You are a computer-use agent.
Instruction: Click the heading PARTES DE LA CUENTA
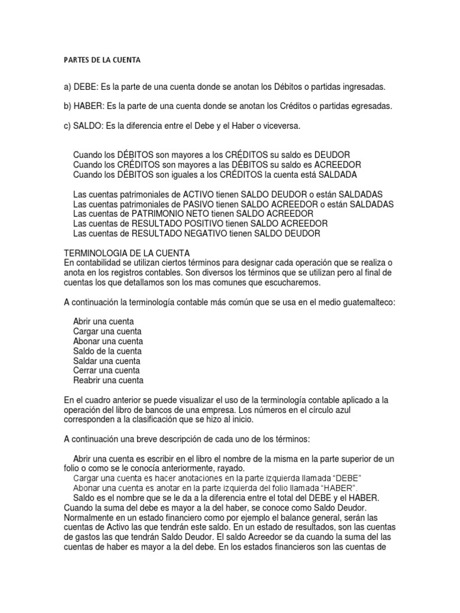[x=101, y=60]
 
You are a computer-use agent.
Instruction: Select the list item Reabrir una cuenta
[x=108, y=380]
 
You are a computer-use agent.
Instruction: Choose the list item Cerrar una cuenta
[x=107, y=371]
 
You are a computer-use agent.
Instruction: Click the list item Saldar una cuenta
[x=107, y=361]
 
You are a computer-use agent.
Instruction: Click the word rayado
[x=231, y=468]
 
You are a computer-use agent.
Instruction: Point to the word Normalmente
[x=89, y=517]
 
